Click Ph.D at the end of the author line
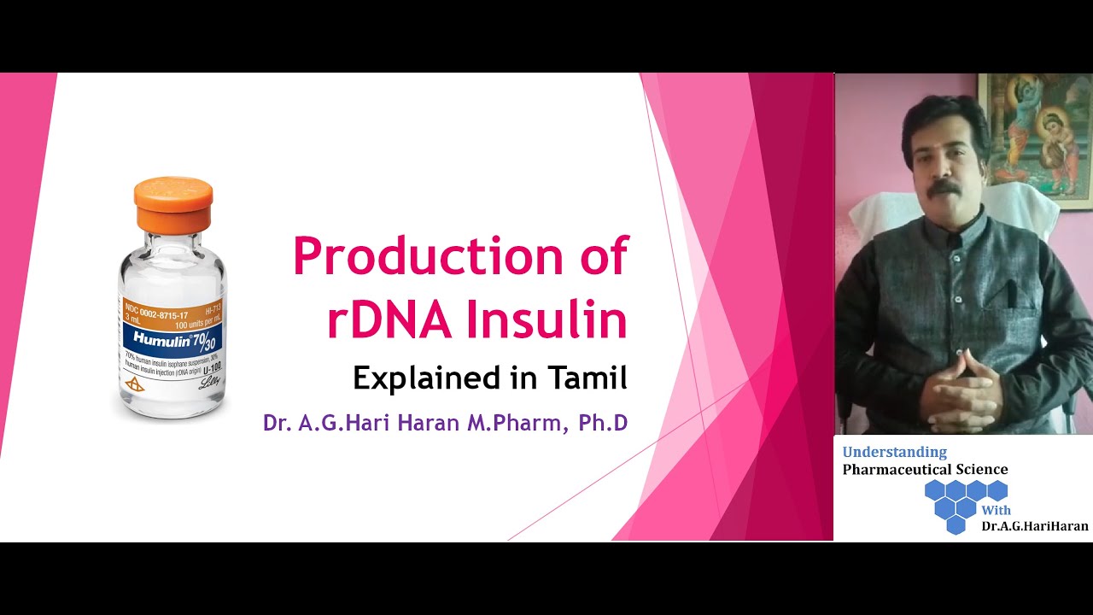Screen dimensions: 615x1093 point(603,423)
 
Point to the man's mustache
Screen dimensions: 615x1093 point(944,185)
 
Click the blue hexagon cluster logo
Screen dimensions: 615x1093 point(965,504)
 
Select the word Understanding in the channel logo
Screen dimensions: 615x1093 point(894,452)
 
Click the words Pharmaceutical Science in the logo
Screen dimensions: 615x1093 point(925,470)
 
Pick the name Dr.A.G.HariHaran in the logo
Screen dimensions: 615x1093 point(1035,526)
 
